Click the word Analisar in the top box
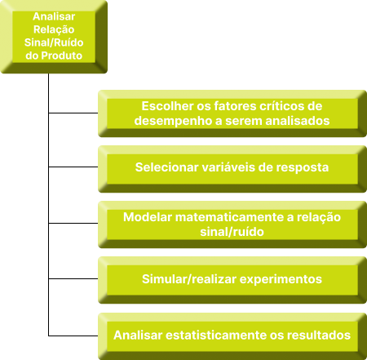click(x=54, y=16)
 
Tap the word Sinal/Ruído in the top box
click(x=54, y=42)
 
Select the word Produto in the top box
click(x=62, y=56)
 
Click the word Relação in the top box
click(x=54, y=29)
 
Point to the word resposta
click(x=303, y=167)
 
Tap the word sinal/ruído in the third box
click(x=232, y=232)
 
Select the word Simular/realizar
click(x=189, y=279)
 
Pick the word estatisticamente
click(x=216, y=335)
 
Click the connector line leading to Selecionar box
click(x=73, y=167)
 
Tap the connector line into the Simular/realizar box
click(x=73, y=278)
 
